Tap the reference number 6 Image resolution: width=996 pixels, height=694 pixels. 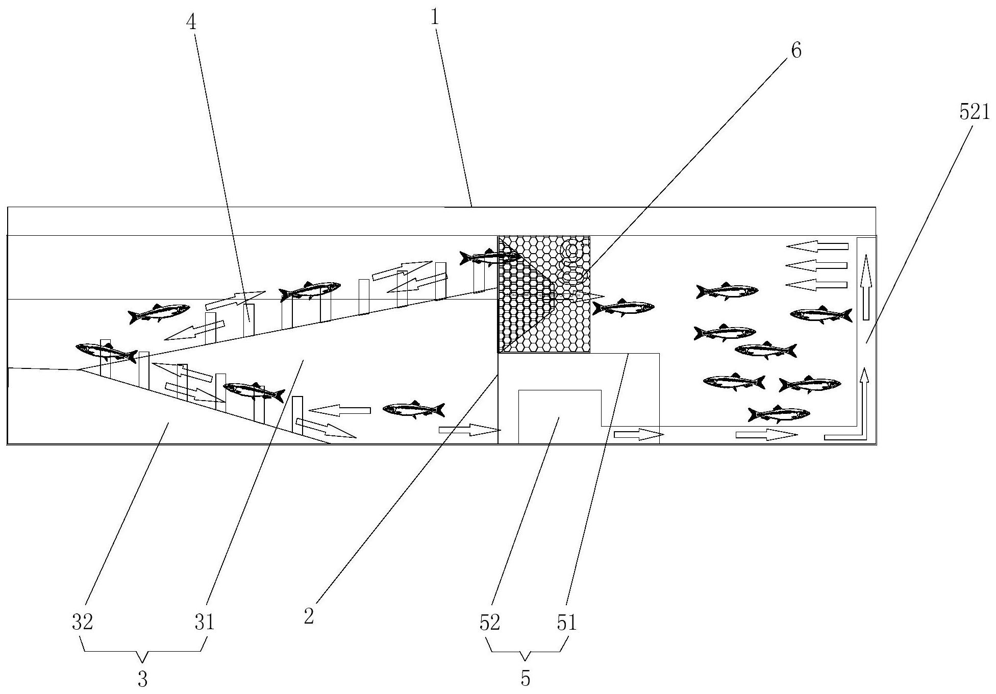(x=796, y=51)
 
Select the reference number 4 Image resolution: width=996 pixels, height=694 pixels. (x=193, y=22)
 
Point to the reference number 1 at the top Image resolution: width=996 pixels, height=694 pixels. (x=435, y=18)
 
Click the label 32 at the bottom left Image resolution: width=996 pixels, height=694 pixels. (x=82, y=623)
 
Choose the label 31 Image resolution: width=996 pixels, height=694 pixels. (x=205, y=623)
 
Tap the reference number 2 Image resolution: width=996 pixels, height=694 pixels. (x=309, y=616)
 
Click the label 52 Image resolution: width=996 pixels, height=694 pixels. (x=489, y=623)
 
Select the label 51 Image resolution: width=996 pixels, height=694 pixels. (x=566, y=623)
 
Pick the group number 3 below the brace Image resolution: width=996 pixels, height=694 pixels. (x=143, y=679)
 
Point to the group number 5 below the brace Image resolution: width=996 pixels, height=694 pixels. (x=526, y=679)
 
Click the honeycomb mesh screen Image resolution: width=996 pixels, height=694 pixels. (x=544, y=294)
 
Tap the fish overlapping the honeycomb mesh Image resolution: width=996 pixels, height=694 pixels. (x=490, y=257)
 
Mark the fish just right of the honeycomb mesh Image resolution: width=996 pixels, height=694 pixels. (x=623, y=307)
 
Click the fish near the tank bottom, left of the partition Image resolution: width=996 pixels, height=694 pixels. (x=414, y=409)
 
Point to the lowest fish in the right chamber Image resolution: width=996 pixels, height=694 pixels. (x=779, y=414)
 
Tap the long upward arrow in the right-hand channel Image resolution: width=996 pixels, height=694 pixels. (x=866, y=287)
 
